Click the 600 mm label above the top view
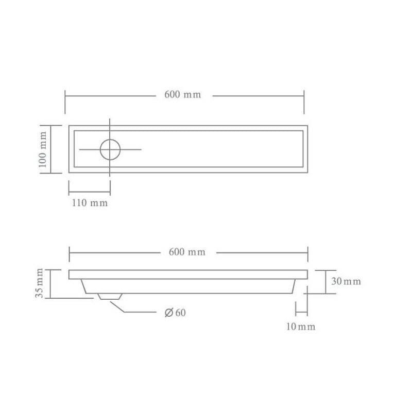point(182,95)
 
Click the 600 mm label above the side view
point(187,252)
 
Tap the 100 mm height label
point(43,149)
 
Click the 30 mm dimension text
point(346,281)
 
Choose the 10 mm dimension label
point(301,327)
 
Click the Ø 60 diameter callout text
point(175,313)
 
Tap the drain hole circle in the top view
point(110,149)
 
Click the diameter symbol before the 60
point(168,313)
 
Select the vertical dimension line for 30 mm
point(326,281)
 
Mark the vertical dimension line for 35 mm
point(50,284)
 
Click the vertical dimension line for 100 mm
point(50,149)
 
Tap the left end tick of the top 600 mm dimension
point(65,102)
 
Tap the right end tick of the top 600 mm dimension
point(304,102)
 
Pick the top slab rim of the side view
point(188,274)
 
